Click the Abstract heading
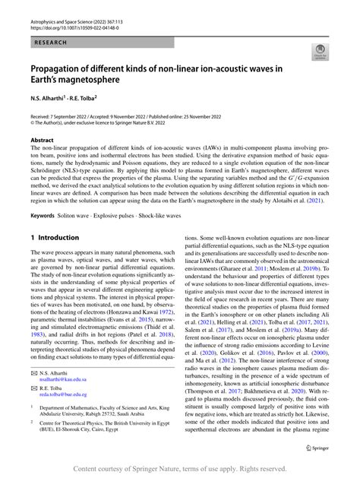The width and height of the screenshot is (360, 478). point(42,141)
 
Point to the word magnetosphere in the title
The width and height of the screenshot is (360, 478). point(106,81)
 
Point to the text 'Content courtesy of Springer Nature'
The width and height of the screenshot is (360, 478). point(137,469)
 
